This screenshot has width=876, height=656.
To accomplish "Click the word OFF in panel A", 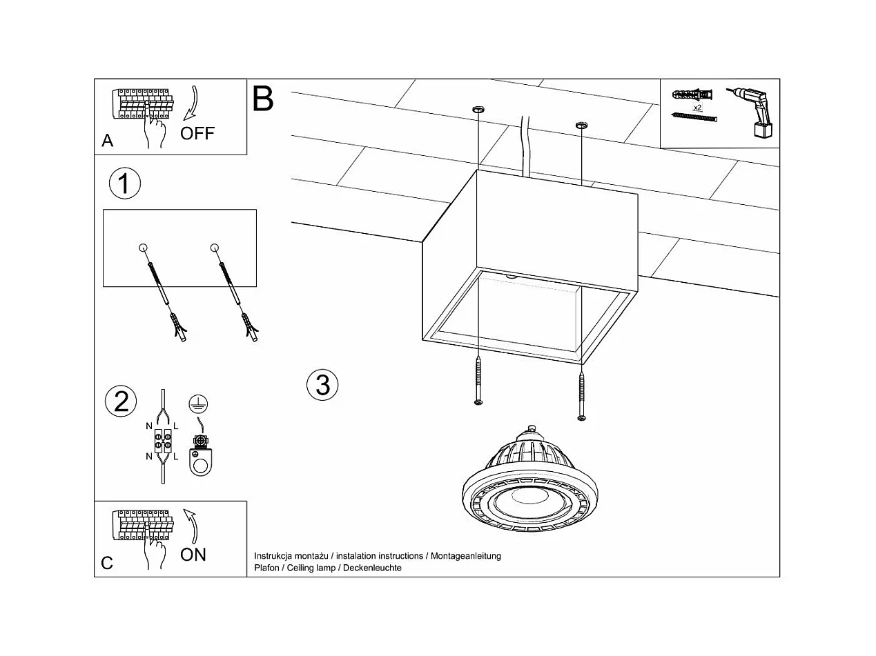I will (x=197, y=133).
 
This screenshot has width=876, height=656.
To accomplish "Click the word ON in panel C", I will (x=193, y=555).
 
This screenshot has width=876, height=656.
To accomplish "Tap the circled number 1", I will (x=125, y=184).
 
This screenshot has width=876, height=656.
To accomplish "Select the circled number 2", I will (x=121, y=401).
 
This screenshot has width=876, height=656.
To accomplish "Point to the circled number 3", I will (x=322, y=384).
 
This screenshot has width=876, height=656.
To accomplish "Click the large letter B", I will (x=263, y=99).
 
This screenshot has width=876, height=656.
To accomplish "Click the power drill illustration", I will (x=756, y=113).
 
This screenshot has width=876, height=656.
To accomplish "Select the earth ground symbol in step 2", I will (x=199, y=405).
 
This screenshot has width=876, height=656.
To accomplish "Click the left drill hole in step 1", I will (x=143, y=248).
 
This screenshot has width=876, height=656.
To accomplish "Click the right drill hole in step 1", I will (x=214, y=248).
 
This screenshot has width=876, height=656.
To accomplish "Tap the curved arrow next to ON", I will (x=193, y=526).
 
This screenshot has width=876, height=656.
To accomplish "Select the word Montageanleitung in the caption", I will (x=466, y=556).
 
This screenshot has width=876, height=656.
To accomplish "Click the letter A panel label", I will (x=107, y=141).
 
